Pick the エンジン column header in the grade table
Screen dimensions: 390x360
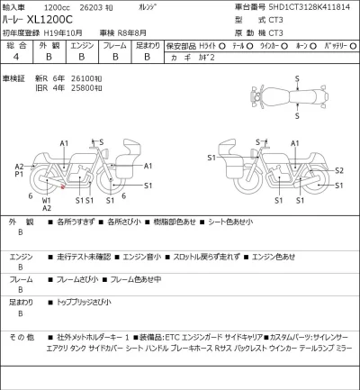[x=82, y=43]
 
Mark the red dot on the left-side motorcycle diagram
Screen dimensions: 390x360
[x=63, y=186]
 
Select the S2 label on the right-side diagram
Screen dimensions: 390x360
[x=338, y=170]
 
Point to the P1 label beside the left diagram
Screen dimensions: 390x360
[x=20, y=175]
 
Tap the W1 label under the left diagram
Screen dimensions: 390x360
[x=47, y=200]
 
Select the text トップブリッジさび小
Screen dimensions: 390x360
[x=83, y=302]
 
